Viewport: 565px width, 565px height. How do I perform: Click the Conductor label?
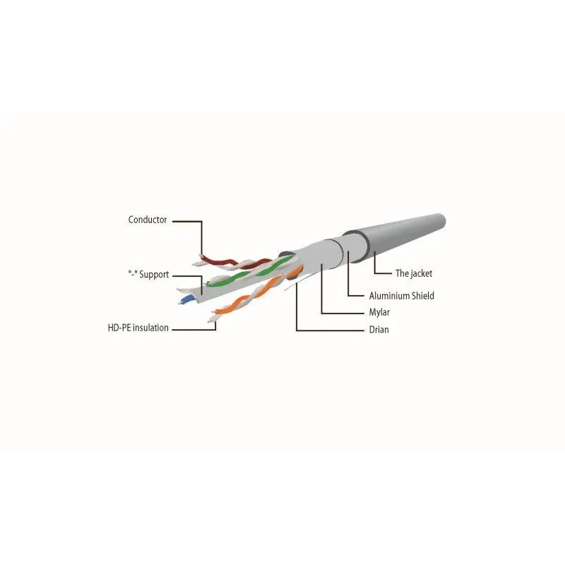point(148,220)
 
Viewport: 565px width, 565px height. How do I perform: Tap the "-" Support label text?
point(148,275)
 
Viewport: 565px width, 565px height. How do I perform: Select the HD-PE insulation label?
point(138,328)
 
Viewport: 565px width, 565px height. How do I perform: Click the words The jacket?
point(414,273)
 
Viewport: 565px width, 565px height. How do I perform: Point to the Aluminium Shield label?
point(401,296)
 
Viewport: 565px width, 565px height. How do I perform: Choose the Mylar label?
point(379,312)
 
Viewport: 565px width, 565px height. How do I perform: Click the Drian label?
point(379,330)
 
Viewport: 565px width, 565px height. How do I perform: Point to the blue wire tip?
point(187,299)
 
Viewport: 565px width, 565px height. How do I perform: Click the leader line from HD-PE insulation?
point(195,329)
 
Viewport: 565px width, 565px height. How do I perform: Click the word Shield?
point(423,296)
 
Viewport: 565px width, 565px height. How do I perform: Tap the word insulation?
point(150,328)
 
